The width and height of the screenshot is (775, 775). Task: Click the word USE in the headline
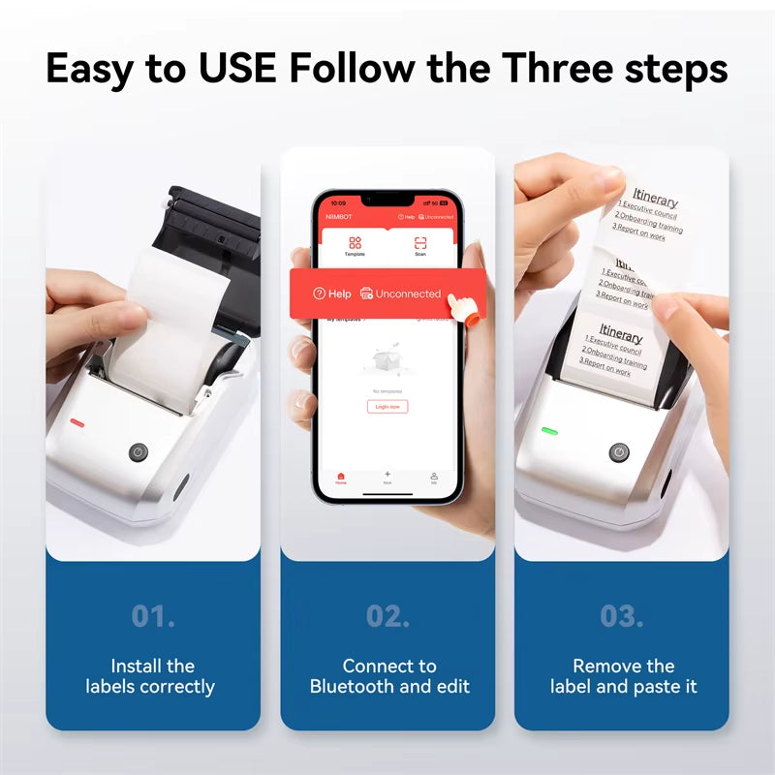[231, 70]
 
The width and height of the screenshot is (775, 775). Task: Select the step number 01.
[153, 616]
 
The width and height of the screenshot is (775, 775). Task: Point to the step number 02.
[388, 616]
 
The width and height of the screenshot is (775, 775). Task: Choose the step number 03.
[622, 616]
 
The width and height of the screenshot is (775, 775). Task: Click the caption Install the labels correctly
[152, 676]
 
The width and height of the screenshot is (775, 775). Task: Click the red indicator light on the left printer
[77, 422]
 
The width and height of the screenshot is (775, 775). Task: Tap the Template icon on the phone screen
[355, 244]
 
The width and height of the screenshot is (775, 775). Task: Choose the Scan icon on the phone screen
[420, 244]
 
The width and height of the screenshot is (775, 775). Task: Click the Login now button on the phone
[387, 407]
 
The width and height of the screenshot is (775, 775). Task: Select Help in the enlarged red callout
[332, 294]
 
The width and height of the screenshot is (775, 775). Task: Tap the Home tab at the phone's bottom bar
[340, 477]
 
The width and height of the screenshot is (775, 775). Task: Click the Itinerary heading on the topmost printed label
[655, 201]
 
